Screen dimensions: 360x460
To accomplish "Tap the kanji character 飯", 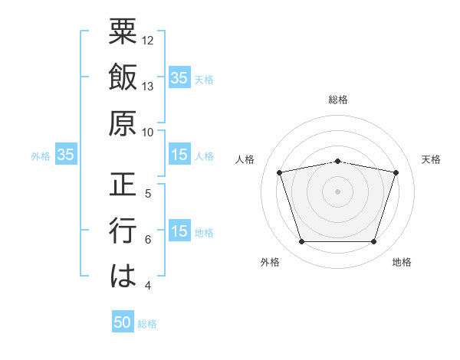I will pyautogui.click(x=123, y=78).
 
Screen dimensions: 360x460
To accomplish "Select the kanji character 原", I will pyautogui.click(x=123, y=123).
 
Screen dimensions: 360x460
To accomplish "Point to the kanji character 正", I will pyautogui.click(x=123, y=185).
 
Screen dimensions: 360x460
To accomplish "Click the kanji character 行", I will pyautogui.click(x=123, y=231).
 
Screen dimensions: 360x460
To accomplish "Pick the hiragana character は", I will pyautogui.click(x=123, y=276).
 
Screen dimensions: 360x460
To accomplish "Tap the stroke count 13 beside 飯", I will pyautogui.click(x=149, y=87).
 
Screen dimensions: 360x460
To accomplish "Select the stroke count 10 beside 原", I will pyautogui.click(x=149, y=131).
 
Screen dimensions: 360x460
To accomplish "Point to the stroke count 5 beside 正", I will pyautogui.click(x=148, y=194).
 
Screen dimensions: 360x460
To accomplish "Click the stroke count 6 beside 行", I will pyautogui.click(x=148, y=240).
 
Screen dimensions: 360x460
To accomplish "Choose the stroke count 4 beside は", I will pyautogui.click(x=148, y=286).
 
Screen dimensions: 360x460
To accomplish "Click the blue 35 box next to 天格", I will pyautogui.click(x=179, y=78).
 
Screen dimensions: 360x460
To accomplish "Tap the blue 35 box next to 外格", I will pyautogui.click(x=66, y=155).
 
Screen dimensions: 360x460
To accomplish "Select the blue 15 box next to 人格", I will pyautogui.click(x=179, y=155).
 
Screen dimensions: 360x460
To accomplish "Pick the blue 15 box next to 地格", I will pyautogui.click(x=179, y=232).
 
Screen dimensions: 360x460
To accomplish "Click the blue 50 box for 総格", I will pyautogui.click(x=123, y=323).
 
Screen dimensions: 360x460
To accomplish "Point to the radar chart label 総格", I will pyautogui.click(x=337, y=100).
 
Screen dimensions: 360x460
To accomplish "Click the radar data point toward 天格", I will pyautogui.click(x=396, y=173).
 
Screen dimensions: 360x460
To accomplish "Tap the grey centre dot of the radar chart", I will pyautogui.click(x=337, y=191).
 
